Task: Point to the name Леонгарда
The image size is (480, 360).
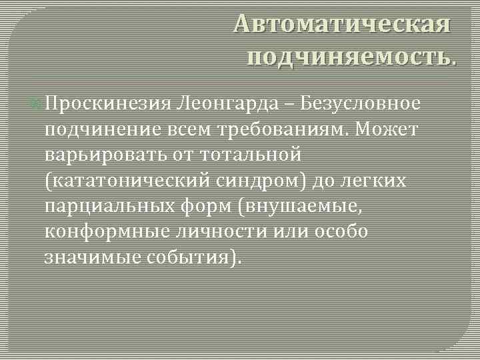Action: [230, 104]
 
